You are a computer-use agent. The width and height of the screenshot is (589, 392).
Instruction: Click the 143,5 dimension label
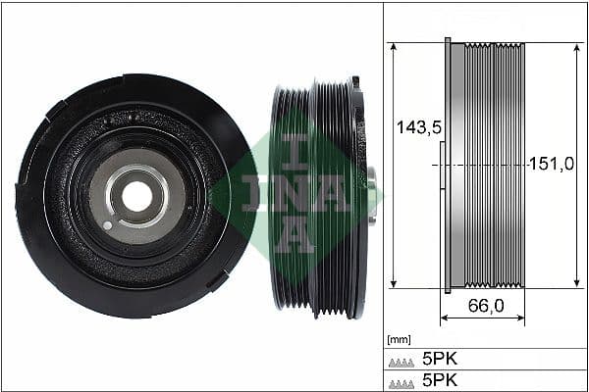[414, 127]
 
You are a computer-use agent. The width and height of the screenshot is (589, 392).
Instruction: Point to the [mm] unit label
[400, 340]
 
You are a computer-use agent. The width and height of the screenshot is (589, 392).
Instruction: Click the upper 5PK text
[441, 359]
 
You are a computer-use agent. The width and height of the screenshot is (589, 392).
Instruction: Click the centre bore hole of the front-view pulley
[136, 196]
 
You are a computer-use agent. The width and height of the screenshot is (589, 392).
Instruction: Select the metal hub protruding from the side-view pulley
[371, 196]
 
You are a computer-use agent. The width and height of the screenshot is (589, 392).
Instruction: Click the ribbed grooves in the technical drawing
[495, 165]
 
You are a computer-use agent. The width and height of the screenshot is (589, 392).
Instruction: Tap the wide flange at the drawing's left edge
[448, 165]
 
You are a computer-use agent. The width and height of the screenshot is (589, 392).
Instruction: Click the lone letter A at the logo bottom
[295, 235]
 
